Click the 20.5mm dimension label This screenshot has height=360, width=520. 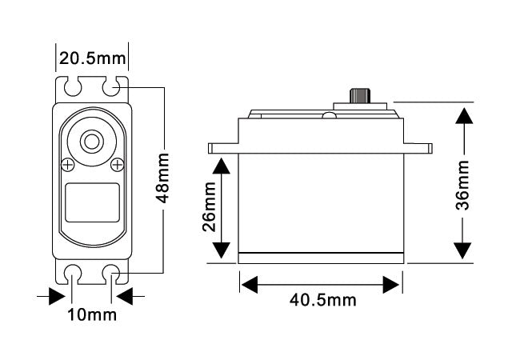(x=93, y=58)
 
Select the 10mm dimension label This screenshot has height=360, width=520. (x=93, y=314)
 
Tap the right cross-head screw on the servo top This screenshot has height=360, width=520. (x=118, y=165)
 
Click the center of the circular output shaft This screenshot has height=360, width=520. (x=92, y=142)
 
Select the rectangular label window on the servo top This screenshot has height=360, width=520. (x=92, y=202)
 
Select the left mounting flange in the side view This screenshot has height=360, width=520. (x=223, y=149)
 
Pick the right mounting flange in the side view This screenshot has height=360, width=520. (x=418, y=149)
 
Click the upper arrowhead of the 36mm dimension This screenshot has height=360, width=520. (x=462, y=116)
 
